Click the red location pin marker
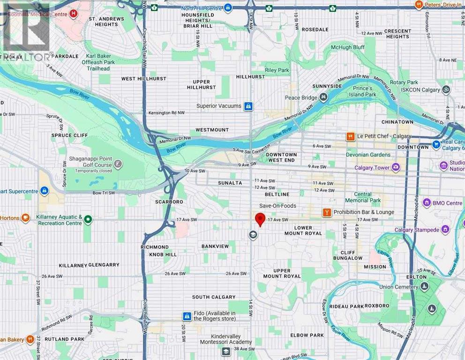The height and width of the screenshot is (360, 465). pyautogui.click(x=260, y=219)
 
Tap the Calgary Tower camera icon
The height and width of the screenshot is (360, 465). pyautogui.click(x=396, y=167)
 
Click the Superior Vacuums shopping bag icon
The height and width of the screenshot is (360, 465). pyautogui.click(x=248, y=106)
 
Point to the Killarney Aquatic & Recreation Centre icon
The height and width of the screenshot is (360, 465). pyautogui.click(x=88, y=219)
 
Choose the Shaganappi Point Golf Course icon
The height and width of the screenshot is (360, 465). pyautogui.click(x=118, y=164)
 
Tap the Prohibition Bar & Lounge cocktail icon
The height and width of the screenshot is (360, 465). pyautogui.click(x=327, y=212)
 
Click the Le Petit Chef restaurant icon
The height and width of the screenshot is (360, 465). pyautogui.click(x=350, y=136)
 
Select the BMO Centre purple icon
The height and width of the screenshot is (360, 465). pyautogui.click(x=427, y=203)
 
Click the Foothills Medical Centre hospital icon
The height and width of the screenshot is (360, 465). pyautogui.click(x=73, y=14)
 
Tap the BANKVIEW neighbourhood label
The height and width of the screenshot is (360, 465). pyautogui.click(x=215, y=246)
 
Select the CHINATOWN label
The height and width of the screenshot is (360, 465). pyautogui.click(x=397, y=122)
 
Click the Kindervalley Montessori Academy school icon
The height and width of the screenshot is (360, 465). pyautogui.click(x=226, y=351)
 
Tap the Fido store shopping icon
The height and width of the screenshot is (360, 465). pyautogui.click(x=187, y=316)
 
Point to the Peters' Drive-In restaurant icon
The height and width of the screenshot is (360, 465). pyautogui.click(x=419, y=5)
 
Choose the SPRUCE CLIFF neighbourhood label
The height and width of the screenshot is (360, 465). pyautogui.click(x=68, y=135)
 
